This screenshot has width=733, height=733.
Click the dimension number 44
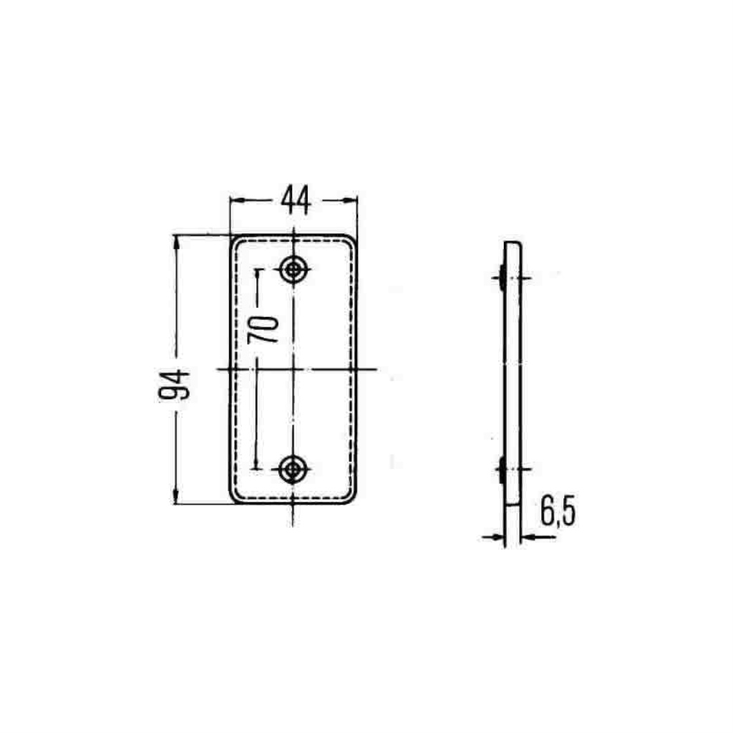click(296, 200)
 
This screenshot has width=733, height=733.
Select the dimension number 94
click(175, 384)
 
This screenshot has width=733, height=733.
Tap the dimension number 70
click(263, 329)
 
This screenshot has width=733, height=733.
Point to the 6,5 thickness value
click(558, 511)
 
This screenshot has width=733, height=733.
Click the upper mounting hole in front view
click(293, 269)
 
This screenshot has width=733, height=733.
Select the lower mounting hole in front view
click(293, 469)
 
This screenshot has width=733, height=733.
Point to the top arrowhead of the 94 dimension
click(176, 243)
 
